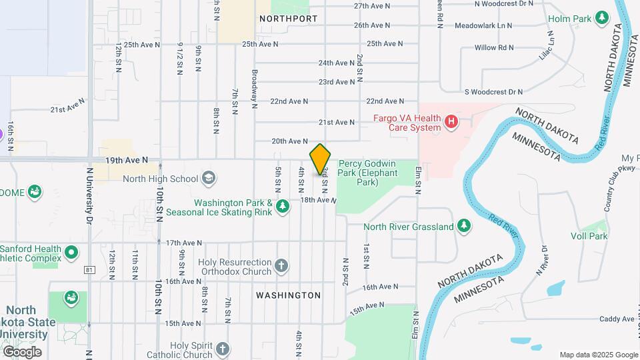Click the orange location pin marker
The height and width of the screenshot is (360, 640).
click(x=320, y=159)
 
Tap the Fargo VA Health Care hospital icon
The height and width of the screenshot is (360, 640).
click(x=451, y=122)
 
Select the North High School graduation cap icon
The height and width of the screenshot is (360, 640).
click(x=209, y=178)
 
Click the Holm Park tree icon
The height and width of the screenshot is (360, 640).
click(x=602, y=17)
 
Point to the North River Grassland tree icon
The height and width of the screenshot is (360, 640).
click(x=465, y=227)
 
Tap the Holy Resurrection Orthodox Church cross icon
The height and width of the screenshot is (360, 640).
click(x=281, y=266)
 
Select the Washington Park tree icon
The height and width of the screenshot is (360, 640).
click(x=283, y=207)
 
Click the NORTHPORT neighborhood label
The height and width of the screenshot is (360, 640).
click(x=288, y=19)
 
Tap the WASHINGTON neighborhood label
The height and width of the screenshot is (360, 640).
click(x=288, y=295)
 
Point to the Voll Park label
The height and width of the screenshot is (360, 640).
click(x=589, y=236)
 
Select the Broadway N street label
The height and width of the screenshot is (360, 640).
click(x=254, y=88)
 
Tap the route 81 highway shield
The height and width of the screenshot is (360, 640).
click(x=89, y=270)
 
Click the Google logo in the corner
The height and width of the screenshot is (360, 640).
click(x=22, y=351)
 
